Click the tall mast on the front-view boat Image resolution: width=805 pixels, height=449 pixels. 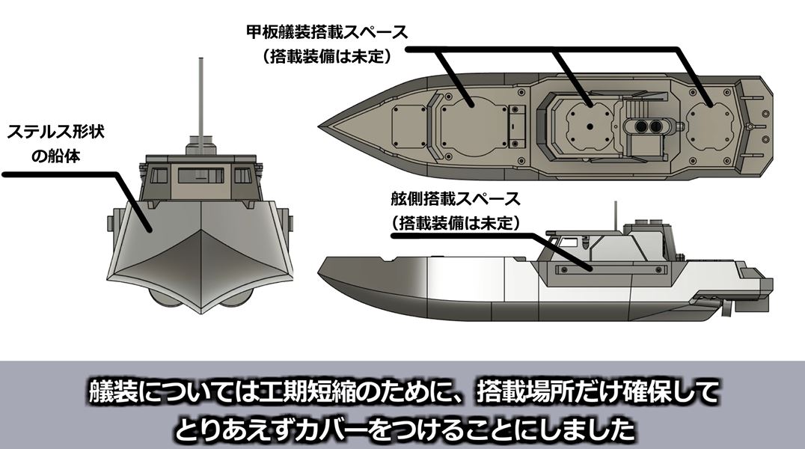point(201,97)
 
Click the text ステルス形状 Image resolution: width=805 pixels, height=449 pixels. point(55,132)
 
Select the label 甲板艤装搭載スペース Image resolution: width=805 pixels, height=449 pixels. point(327,33)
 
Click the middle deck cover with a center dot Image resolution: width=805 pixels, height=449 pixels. point(591,120)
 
